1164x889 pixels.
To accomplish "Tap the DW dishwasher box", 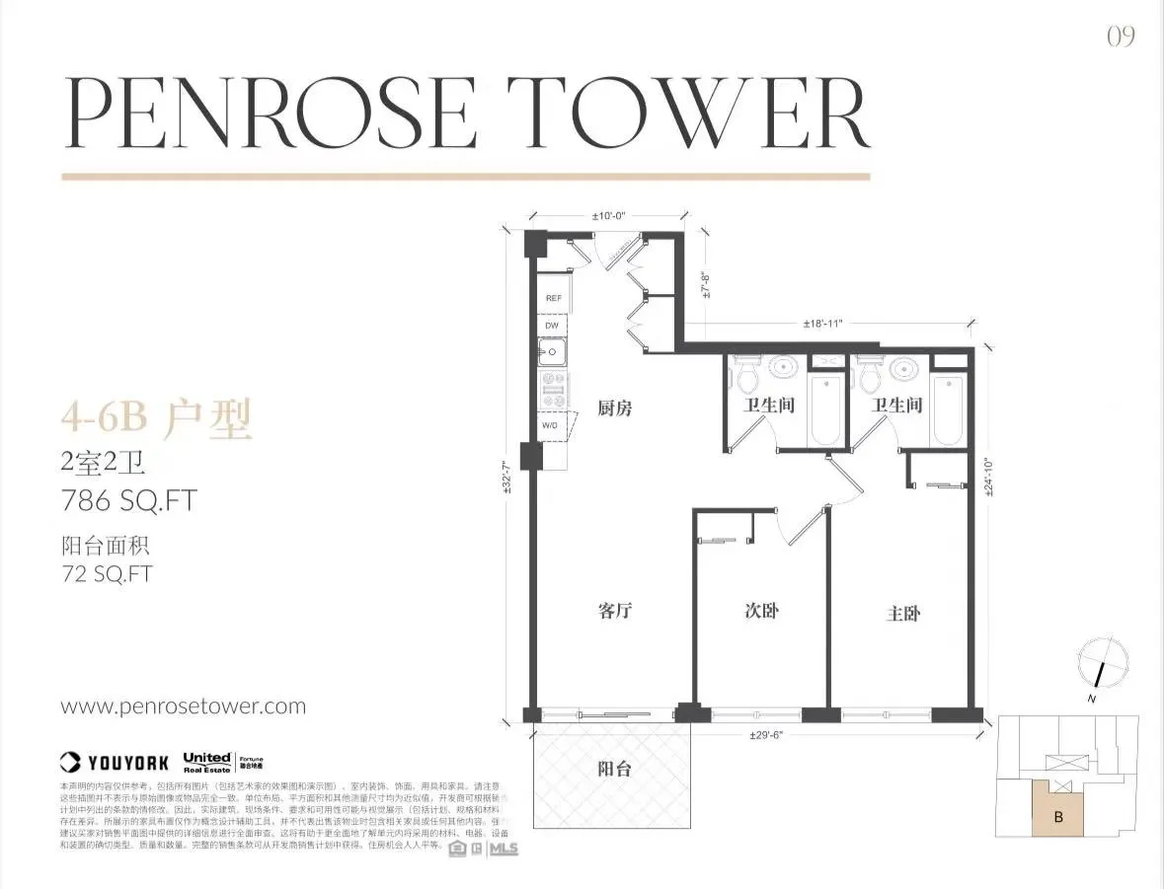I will (x=552, y=325).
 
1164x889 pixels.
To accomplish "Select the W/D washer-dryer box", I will (x=551, y=424).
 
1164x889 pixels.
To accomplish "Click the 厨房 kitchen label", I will (x=615, y=407).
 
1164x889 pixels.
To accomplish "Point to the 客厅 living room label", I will (x=614, y=611).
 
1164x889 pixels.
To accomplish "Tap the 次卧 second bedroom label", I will (x=761, y=611).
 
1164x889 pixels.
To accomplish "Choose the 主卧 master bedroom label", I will (x=903, y=613).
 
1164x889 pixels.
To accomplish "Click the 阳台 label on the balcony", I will (x=614, y=771).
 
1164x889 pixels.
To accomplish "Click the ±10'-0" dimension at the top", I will (x=610, y=215).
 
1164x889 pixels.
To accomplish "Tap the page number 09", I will (x=1121, y=37).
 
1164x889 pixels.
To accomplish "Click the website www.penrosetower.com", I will (x=184, y=706).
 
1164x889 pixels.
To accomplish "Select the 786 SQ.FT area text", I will (x=128, y=500).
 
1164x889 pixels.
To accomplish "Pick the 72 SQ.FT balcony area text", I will (x=107, y=573).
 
